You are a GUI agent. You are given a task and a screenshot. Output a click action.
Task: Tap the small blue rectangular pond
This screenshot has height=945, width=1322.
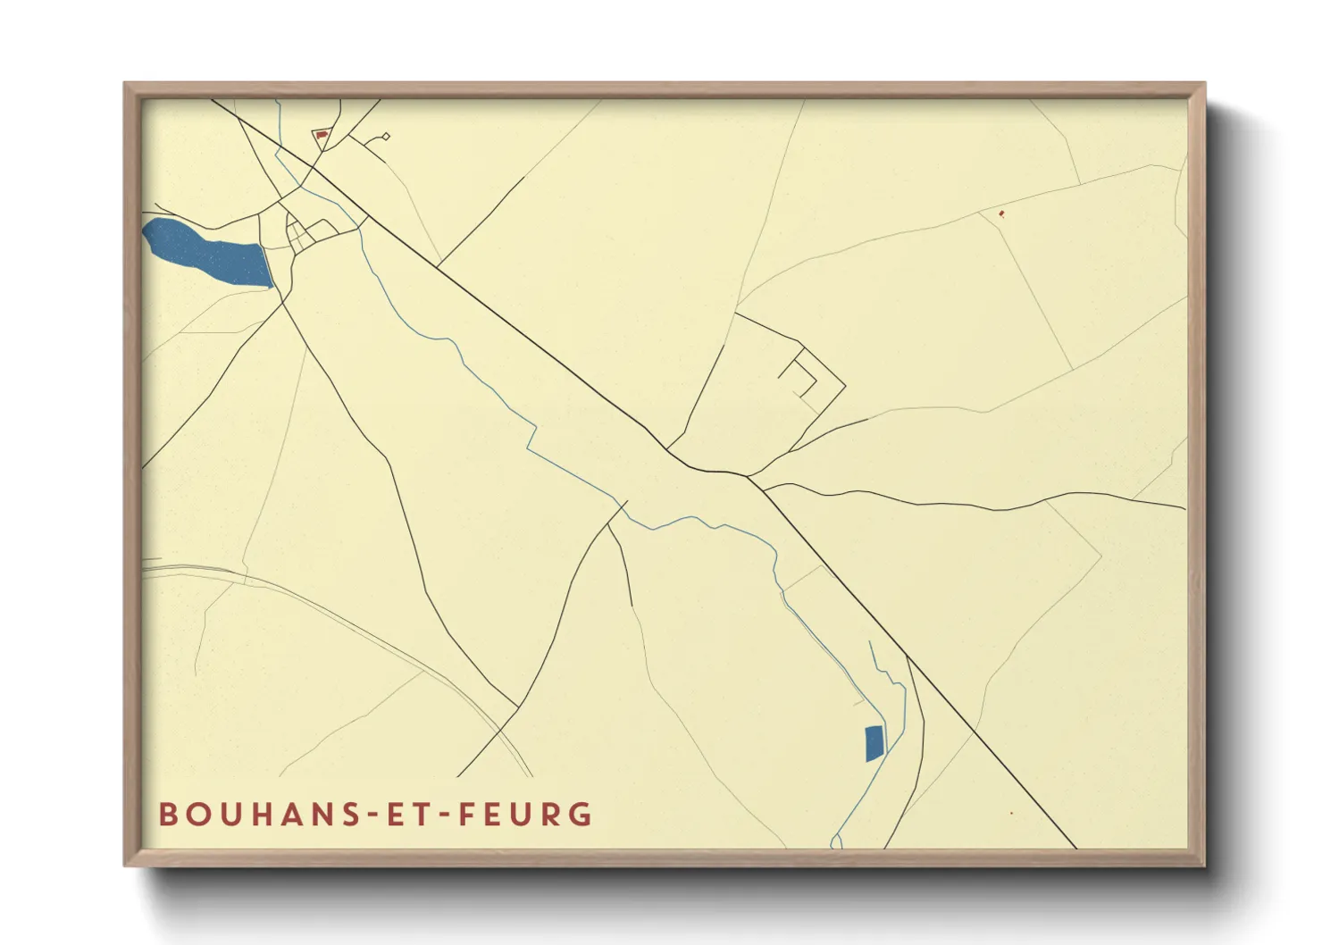[874, 743]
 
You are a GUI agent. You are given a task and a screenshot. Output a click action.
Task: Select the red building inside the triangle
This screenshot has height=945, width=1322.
[322, 136]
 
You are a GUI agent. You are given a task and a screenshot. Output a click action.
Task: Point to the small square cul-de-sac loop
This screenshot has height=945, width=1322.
[386, 137]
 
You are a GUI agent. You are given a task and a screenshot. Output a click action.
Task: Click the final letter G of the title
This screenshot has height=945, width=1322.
[582, 815]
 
